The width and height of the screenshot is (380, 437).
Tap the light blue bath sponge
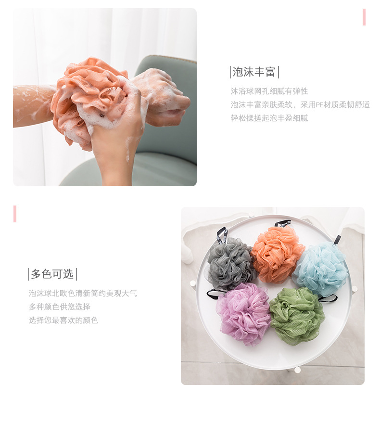point(320,268)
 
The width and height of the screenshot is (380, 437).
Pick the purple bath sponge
point(243,313)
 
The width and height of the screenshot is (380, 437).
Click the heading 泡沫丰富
point(254,72)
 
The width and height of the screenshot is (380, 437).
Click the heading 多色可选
point(52,274)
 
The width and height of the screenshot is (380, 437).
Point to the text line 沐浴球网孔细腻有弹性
point(269,91)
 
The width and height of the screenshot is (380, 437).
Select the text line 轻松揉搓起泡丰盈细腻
point(269,118)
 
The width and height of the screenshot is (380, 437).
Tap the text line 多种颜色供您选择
point(59,307)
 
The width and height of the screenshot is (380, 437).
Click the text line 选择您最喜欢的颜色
point(63,320)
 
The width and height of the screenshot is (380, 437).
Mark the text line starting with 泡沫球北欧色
point(83,293)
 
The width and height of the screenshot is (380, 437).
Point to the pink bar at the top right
point(364,17)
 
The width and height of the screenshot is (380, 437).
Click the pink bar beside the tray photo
point(15,214)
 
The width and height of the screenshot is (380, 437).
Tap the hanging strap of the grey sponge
point(221,235)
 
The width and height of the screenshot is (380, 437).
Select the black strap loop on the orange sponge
point(283,223)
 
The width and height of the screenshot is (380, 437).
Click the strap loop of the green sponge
point(328,298)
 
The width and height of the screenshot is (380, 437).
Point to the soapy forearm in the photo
point(31,105)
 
